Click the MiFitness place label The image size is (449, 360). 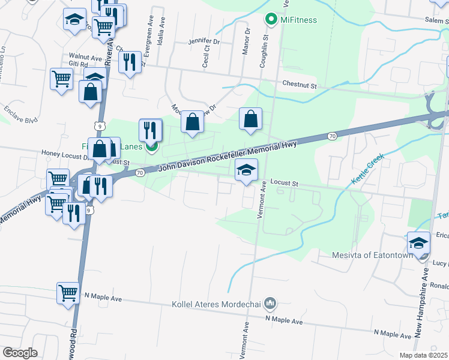click(298, 20)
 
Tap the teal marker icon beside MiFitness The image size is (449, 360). click(271, 19)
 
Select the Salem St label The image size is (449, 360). click(436, 20)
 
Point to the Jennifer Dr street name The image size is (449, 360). click(204, 42)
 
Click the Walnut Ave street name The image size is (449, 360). click(85, 58)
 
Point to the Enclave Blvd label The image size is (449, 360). click(20, 115)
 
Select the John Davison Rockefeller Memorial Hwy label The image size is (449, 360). click(228, 159)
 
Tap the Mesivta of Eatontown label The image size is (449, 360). click(373, 255)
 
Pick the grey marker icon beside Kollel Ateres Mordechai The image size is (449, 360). click(270, 304)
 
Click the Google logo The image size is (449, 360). click(20, 353)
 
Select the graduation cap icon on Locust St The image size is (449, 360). click(246, 170)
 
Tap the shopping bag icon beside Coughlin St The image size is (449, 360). click(251, 119)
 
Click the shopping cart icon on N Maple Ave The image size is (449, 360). click(68, 293)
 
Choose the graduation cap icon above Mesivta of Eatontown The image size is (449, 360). click(418, 242)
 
